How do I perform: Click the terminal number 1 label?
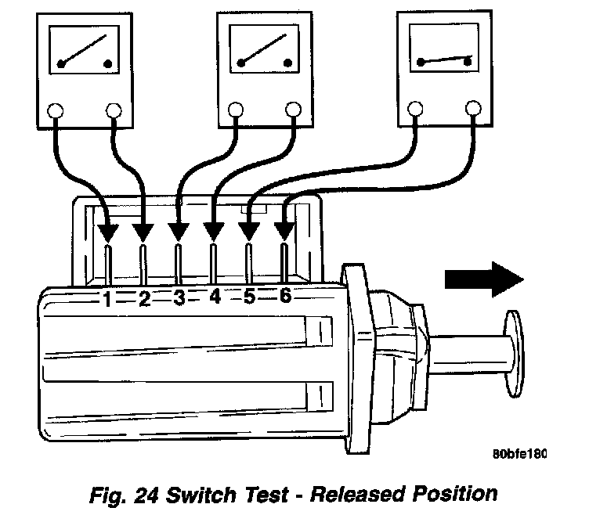coord(108,298)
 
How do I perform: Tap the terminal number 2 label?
coord(144,298)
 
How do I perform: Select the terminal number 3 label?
coord(179,298)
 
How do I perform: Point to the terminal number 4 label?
coord(214,297)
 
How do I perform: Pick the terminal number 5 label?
coord(249,297)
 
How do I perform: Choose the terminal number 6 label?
coord(284,296)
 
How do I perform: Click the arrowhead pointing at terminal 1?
coord(108,232)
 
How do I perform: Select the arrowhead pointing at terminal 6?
coord(284,231)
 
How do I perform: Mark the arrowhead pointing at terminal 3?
coord(179,232)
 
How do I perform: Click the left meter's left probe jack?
coord(56,112)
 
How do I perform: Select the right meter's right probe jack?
coord(474,107)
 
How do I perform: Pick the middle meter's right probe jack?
coord(294,110)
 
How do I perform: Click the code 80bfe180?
coord(519,454)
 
